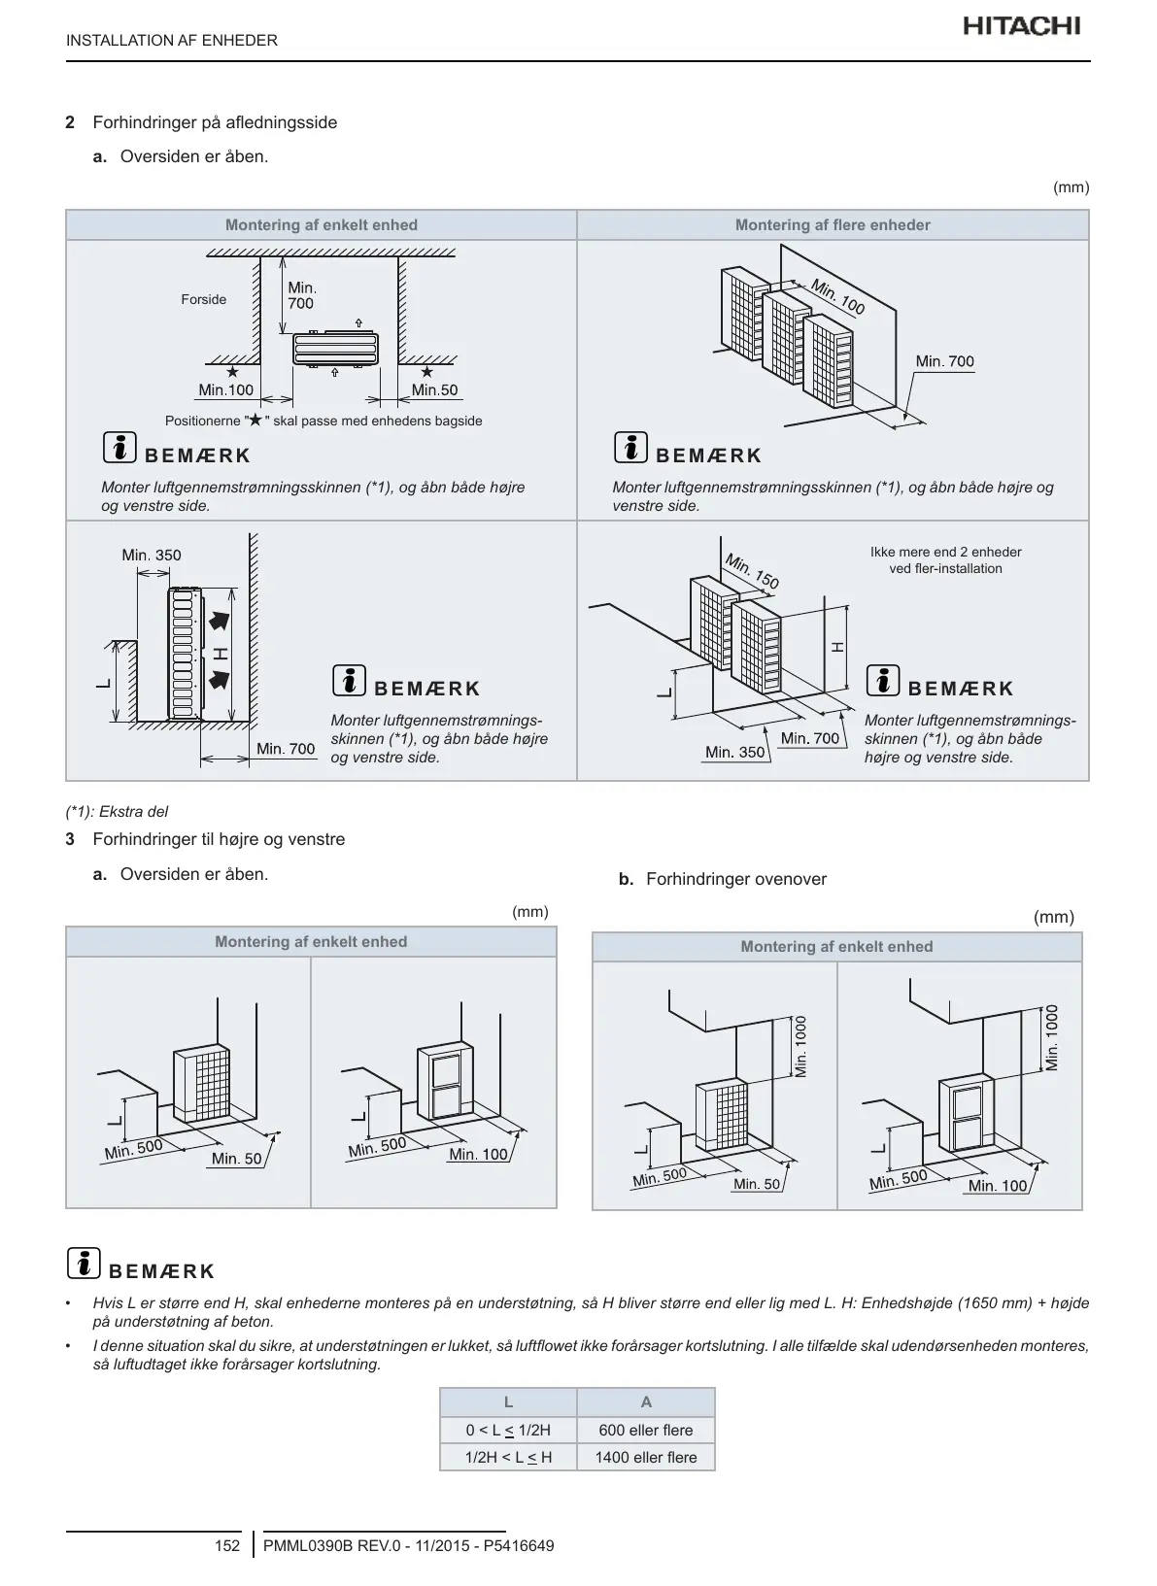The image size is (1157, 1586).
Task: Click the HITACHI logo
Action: coord(1021,26)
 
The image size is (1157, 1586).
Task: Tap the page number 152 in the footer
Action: coord(226,1545)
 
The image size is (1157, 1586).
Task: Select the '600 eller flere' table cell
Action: coord(646,1430)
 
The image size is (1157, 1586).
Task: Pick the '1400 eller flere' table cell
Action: coord(646,1457)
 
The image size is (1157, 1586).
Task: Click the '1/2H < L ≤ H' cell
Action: coord(508,1457)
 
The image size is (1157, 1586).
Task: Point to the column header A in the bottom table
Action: coord(646,1401)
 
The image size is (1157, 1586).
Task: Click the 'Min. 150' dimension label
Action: coord(752,570)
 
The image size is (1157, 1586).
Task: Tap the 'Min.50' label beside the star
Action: coord(434,389)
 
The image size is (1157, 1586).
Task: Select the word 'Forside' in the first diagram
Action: coord(203,299)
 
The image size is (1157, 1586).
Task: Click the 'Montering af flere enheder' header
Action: coord(833,225)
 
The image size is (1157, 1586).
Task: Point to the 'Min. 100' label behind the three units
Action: coord(837,296)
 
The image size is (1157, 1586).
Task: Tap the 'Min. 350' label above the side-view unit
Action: coord(152,555)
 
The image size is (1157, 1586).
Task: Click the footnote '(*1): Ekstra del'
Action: coord(117,811)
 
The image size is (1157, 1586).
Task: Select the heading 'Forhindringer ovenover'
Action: coord(735,879)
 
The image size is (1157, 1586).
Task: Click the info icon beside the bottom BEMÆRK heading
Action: coord(85,1263)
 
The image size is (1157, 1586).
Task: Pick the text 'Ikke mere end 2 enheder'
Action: coord(945,552)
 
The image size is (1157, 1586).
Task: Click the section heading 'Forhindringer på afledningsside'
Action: coord(215,122)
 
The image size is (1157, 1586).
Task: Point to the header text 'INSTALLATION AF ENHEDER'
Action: coord(172,40)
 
